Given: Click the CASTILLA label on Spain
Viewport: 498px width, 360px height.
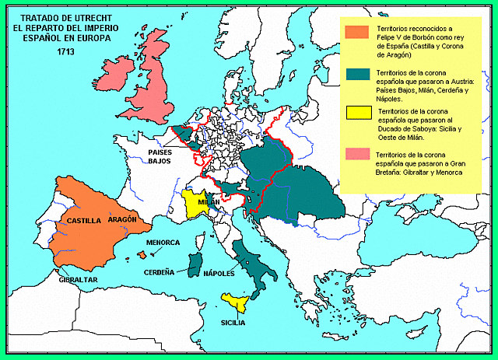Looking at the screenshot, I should tap(84, 220).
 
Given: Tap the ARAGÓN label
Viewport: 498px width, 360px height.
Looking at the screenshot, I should tap(122, 219).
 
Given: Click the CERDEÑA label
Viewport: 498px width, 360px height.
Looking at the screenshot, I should tap(159, 273).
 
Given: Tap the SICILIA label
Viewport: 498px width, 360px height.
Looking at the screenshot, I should tap(233, 321).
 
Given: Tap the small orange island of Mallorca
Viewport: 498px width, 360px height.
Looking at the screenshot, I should tap(142, 255).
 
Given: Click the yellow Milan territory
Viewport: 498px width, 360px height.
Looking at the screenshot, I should tap(195, 204).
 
